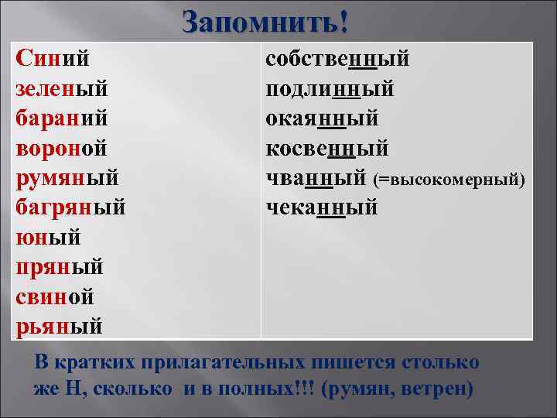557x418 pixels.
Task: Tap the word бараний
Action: coord(61,119)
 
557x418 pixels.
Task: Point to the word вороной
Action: coord(61,149)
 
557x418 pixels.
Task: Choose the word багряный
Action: coord(70,207)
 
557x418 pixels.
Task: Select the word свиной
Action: coord(55,296)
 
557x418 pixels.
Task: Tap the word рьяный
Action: coord(59,326)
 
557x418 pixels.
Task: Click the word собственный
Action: coord(337,60)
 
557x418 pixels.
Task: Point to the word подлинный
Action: coord(330,90)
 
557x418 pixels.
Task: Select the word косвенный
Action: coord(327,149)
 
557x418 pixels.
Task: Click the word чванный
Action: coord(315,179)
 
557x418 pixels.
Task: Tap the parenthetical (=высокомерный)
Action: coord(449,180)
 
